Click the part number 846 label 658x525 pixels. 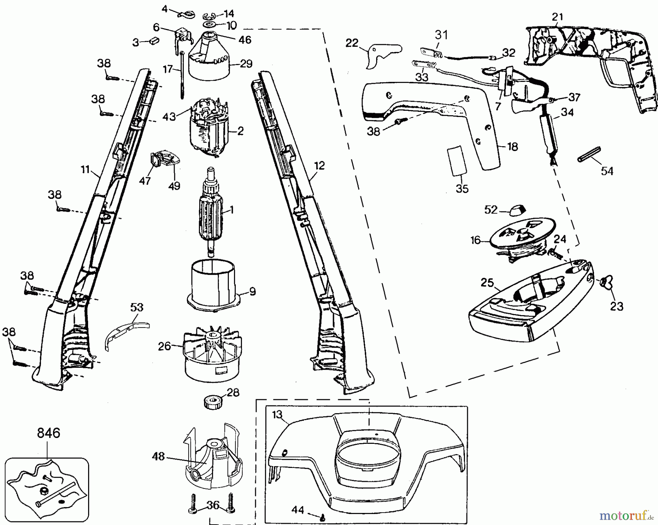(48, 433)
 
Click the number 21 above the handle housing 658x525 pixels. (557, 17)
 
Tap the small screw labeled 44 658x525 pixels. (322, 517)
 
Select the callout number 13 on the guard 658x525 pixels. (277, 414)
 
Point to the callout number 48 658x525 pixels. (158, 457)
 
